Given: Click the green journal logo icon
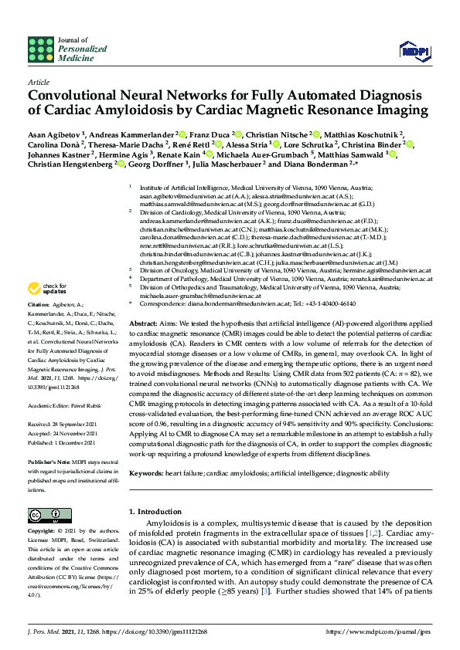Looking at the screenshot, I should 41,49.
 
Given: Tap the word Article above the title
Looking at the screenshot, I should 38,81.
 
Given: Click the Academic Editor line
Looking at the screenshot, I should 66,405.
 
